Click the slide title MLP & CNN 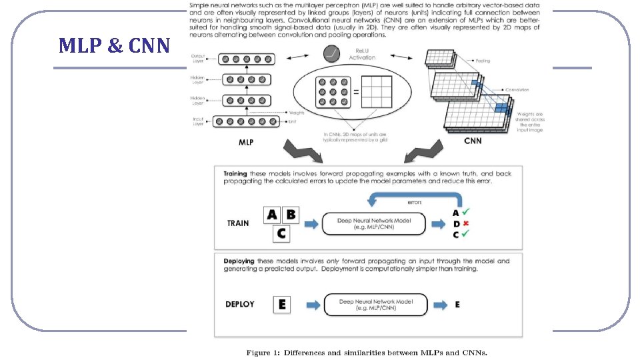tap(114, 46)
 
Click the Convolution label tap(517, 89)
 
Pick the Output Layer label tap(199, 60)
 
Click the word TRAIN tap(238, 223)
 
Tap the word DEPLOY tap(240, 304)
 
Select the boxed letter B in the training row tap(292, 215)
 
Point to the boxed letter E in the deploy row tap(283, 304)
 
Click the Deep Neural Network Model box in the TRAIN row tap(373, 223)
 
